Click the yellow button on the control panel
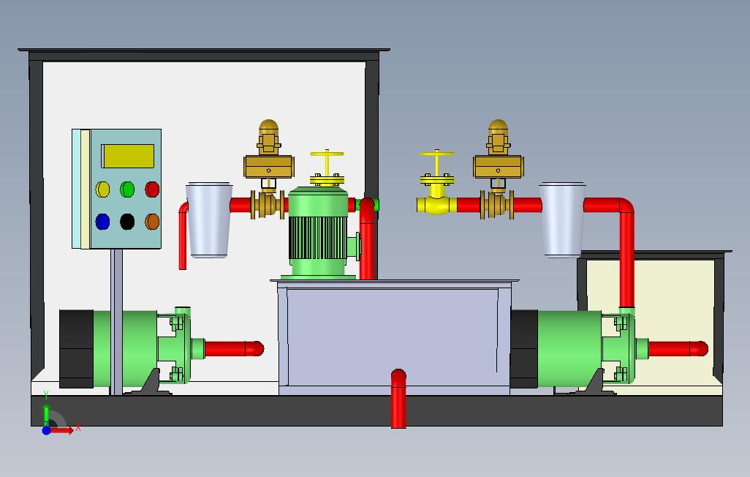[103, 189]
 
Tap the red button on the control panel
[152, 189]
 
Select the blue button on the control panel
[103, 221]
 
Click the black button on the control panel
[127, 221]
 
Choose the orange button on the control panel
[152, 221]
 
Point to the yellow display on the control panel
[127, 156]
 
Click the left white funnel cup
[208, 219]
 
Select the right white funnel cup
[562, 219]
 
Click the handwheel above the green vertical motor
[327, 154]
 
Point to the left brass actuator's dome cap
[269, 129]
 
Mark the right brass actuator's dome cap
[498, 129]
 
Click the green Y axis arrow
[46, 401]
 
